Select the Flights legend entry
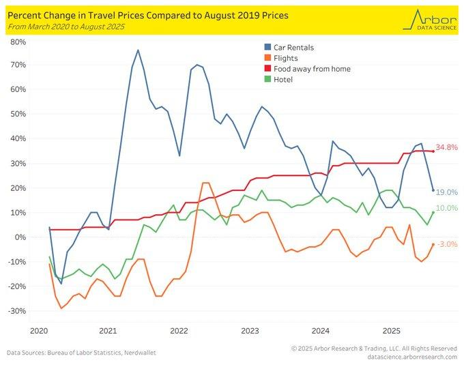pyautogui.click(x=285, y=59)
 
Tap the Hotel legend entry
pyautogui.click(x=283, y=79)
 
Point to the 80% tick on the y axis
pyautogui.click(x=18, y=42)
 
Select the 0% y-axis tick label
pyautogui.click(x=21, y=237)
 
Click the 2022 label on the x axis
pyautogui.click(x=179, y=330)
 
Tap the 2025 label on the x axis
pyautogui.click(x=392, y=330)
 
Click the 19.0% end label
pyautogui.click(x=446, y=193)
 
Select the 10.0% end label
pyautogui.click(x=446, y=208)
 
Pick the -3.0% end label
pyautogui.click(x=447, y=244)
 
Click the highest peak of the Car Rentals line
pyautogui.click(x=138, y=50)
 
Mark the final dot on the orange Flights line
pyautogui.click(x=433, y=244)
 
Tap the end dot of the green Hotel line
pyautogui.click(x=433, y=212)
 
